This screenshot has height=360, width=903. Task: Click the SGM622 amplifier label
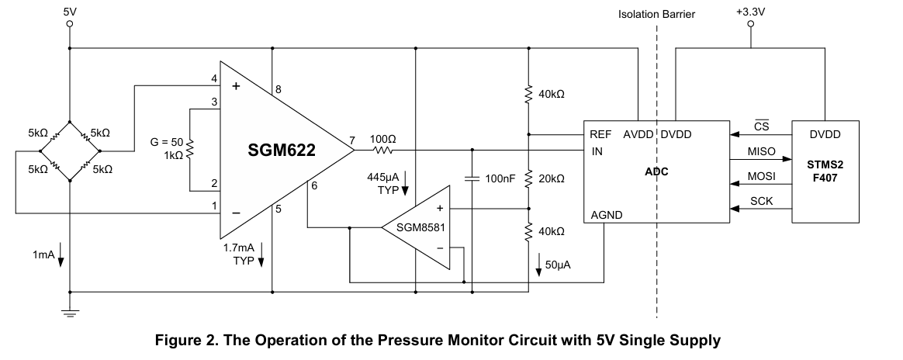pyautogui.click(x=282, y=151)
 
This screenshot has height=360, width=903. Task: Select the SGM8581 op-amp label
pyautogui.click(x=421, y=227)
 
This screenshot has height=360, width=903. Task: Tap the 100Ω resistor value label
pyautogui.click(x=383, y=140)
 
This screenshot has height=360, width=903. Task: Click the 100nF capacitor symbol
pyautogui.click(x=472, y=179)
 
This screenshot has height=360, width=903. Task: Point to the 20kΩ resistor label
pyautogui.click(x=551, y=179)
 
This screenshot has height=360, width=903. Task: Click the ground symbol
pyautogui.click(x=70, y=313)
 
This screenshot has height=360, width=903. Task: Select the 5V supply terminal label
pyautogui.click(x=70, y=12)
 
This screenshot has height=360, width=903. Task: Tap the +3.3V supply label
pyautogui.click(x=750, y=11)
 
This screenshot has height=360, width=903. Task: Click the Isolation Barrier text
pyautogui.click(x=656, y=15)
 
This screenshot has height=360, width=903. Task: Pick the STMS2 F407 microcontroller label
pyautogui.click(x=825, y=171)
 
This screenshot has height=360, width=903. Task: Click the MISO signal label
pyautogui.click(x=761, y=151)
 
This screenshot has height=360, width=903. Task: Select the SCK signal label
pyautogui.click(x=761, y=202)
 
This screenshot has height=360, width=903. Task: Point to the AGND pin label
pyautogui.click(x=607, y=216)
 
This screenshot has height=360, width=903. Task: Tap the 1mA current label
pyautogui.click(x=43, y=254)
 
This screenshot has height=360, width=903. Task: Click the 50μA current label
pyautogui.click(x=558, y=265)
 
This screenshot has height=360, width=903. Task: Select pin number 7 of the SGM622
pyautogui.click(x=352, y=140)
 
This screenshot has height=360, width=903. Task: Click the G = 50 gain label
pyautogui.click(x=167, y=142)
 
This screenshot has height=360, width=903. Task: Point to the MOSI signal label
pyautogui.click(x=761, y=176)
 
